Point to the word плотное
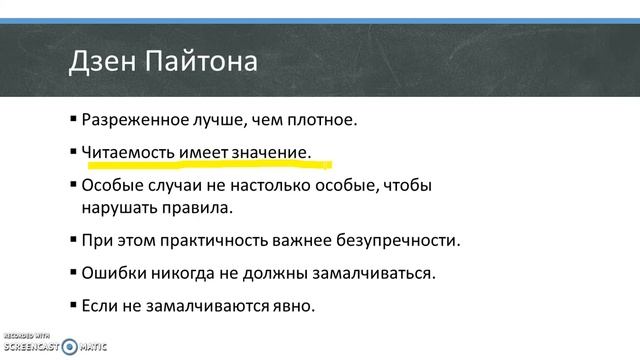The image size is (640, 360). (323, 120)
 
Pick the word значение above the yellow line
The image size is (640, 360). (271, 151)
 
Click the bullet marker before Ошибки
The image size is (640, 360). (73, 271)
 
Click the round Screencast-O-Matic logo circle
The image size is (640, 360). (69, 347)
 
